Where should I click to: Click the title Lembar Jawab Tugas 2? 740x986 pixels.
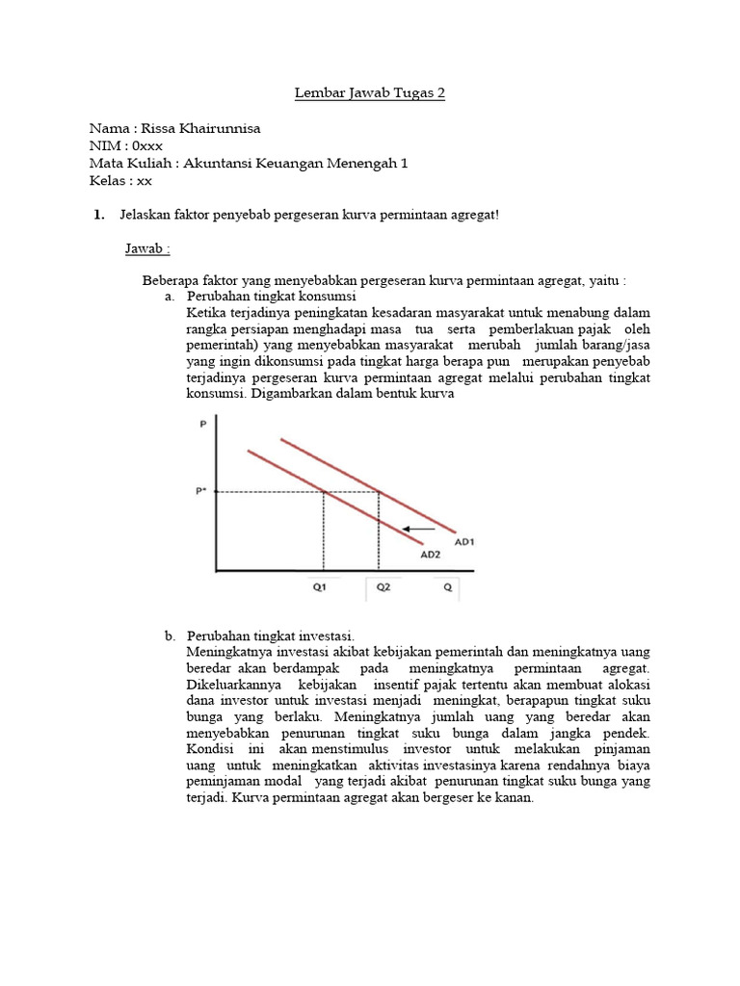coord(370,93)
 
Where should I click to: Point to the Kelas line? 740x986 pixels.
coord(120,180)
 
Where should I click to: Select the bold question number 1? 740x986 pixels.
coord(99,214)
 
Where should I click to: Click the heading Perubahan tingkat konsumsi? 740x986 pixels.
coord(272,297)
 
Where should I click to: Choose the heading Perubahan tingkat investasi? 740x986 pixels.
coord(271,636)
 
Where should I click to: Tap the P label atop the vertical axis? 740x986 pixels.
coord(202,424)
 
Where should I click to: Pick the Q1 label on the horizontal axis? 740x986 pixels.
coord(320,585)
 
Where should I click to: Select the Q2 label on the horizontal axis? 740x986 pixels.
coord(383,585)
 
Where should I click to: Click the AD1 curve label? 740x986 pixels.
coord(464,542)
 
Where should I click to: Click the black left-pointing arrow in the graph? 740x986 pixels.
coord(418,529)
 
